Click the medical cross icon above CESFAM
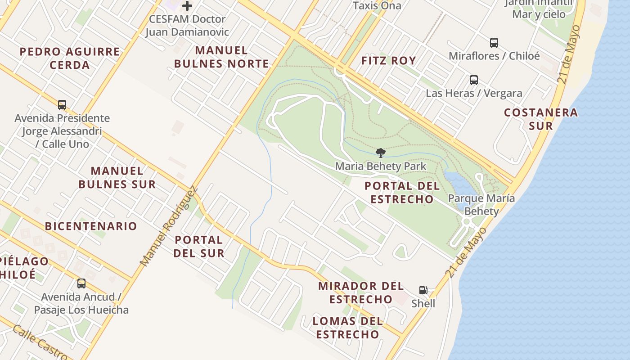pyautogui.click(x=187, y=6)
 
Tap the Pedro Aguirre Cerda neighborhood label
pyautogui.click(x=70, y=58)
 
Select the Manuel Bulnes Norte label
pyautogui.click(x=221, y=57)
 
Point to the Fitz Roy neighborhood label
pyautogui.click(x=389, y=60)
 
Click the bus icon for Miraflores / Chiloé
pyautogui.click(x=494, y=43)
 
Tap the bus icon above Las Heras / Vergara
pyautogui.click(x=473, y=80)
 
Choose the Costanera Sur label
pyautogui.click(x=540, y=119)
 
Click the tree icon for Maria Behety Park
pyautogui.click(x=380, y=153)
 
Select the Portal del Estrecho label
pyautogui.click(x=399, y=192)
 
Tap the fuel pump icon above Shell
pyautogui.click(x=423, y=290)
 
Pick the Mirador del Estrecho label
pyautogui.click(x=361, y=292)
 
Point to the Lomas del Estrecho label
pyautogui.click(x=347, y=328)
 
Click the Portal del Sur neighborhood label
pyautogui.click(x=199, y=246)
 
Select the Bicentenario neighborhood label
pyautogui.click(x=91, y=226)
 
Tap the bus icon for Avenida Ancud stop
pyautogui.click(x=81, y=283)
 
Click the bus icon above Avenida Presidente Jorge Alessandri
pyautogui.click(x=62, y=105)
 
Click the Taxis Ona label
pyautogui.click(x=377, y=6)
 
